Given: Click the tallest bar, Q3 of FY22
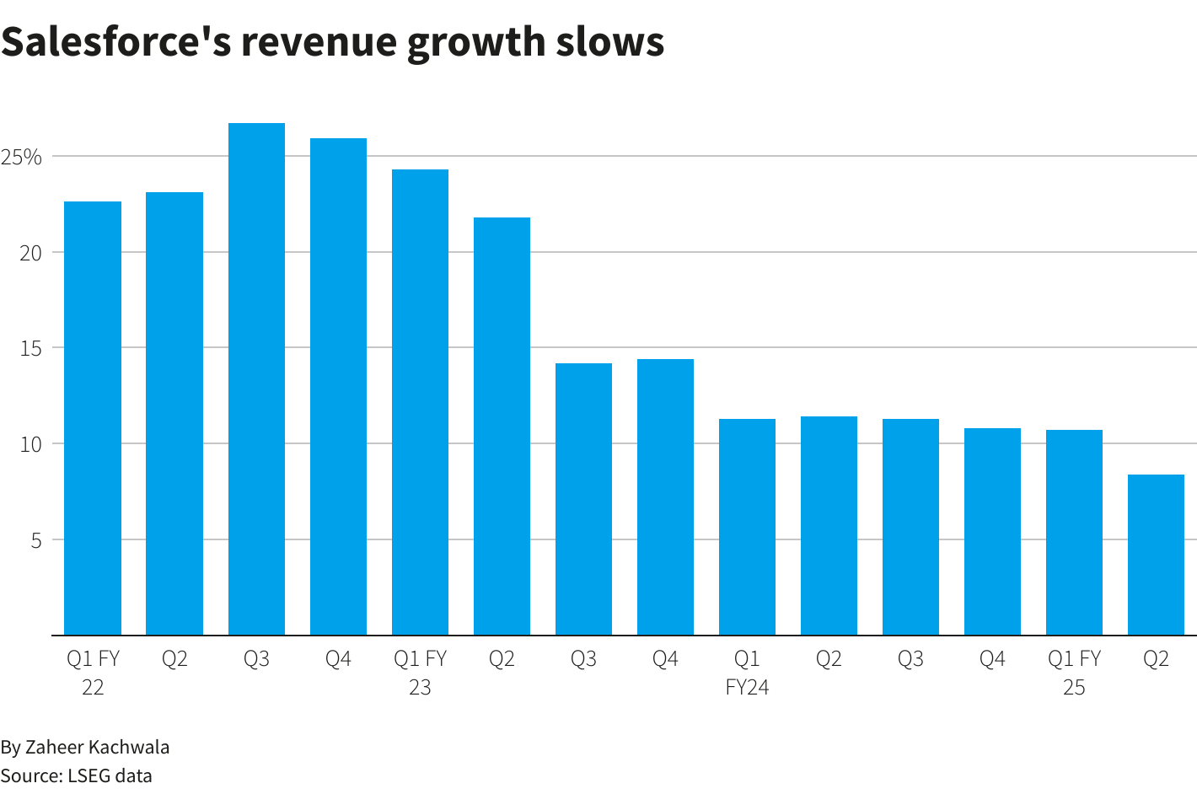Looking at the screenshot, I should [256, 379].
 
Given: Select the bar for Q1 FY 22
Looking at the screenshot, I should [93, 418].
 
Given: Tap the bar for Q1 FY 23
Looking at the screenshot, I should [420, 402].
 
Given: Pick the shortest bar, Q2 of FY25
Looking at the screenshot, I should [1156, 555].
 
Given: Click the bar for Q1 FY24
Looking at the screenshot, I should [747, 527].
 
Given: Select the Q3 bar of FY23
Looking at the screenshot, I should [583, 499].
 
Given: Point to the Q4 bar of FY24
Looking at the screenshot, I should [992, 531].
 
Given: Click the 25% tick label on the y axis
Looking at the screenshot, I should [21, 158].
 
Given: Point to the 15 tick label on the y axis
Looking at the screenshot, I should [31, 348].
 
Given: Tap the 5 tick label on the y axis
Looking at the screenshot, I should [36, 540].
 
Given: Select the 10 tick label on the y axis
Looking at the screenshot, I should [31, 444].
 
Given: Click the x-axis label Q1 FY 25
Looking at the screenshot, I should [1074, 673].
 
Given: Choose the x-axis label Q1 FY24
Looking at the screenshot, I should [747, 673].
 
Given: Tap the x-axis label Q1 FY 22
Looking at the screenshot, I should [93, 673].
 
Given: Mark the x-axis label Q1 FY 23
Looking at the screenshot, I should [420, 673].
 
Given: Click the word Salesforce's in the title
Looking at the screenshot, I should [115, 42].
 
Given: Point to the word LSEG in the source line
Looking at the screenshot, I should [88, 775].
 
